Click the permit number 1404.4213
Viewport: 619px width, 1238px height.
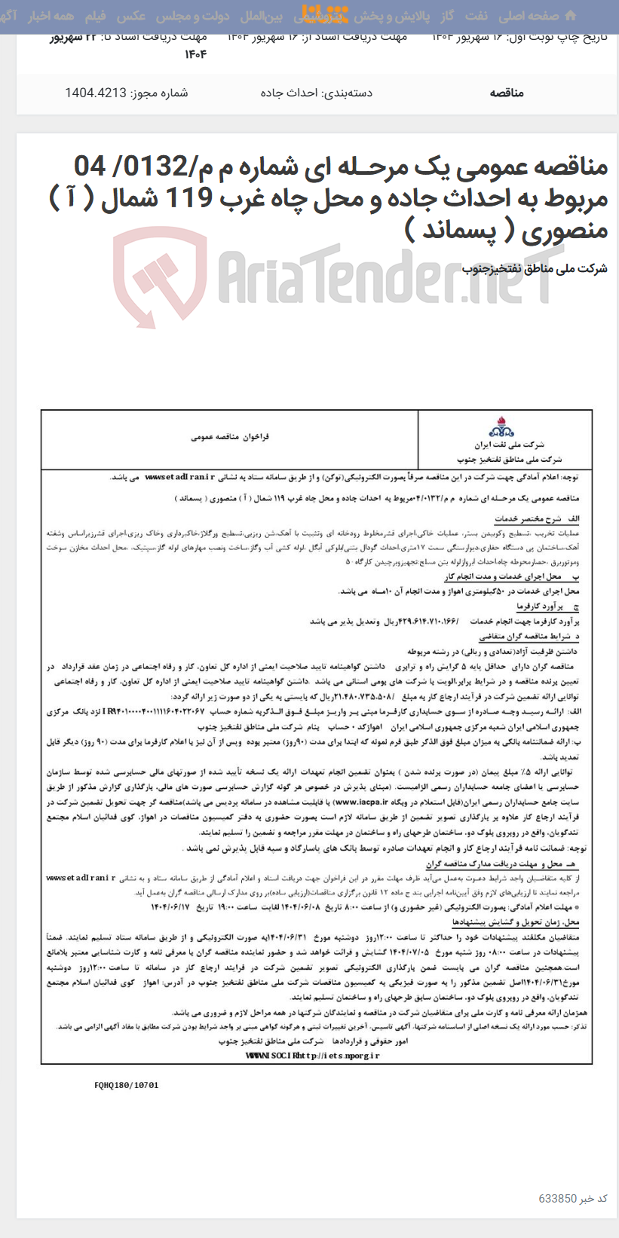tap(96, 93)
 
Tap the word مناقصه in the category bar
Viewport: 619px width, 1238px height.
tap(506, 93)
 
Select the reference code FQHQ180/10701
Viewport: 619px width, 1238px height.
tap(127, 1085)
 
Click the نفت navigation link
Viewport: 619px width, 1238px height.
tap(477, 16)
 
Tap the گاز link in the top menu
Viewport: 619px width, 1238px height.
tap(448, 16)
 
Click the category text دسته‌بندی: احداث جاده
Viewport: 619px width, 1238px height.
tap(317, 93)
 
